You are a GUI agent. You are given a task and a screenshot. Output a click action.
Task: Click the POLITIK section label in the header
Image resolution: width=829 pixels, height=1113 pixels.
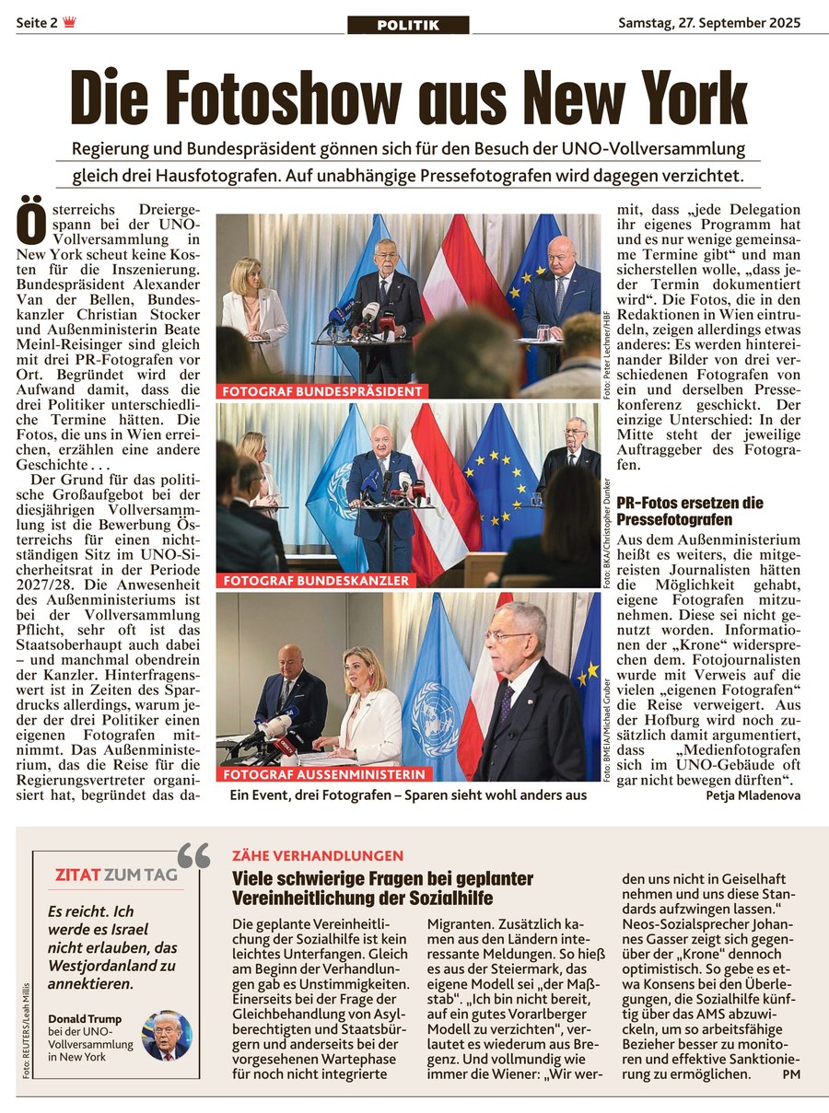tap(408, 25)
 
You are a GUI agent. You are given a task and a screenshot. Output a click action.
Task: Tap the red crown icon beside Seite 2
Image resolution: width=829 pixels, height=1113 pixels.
tap(69, 23)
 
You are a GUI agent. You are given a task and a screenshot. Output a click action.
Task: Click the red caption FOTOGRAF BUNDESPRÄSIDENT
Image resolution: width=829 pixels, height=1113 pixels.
tap(322, 391)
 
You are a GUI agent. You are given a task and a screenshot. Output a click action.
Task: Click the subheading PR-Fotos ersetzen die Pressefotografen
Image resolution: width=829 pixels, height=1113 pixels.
tap(690, 511)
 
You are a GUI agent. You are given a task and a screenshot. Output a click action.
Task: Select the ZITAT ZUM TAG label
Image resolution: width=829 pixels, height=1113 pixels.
tap(116, 875)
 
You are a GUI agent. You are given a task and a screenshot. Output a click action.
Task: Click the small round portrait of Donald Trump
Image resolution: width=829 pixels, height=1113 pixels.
tap(167, 1036)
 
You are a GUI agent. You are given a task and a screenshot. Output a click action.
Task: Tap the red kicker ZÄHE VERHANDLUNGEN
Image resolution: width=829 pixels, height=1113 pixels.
tap(318, 856)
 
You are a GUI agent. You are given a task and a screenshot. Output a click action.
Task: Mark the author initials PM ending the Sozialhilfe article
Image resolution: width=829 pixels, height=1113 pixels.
tap(791, 1074)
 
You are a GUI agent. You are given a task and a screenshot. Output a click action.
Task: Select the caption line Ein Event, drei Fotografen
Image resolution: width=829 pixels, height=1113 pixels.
tap(408, 794)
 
